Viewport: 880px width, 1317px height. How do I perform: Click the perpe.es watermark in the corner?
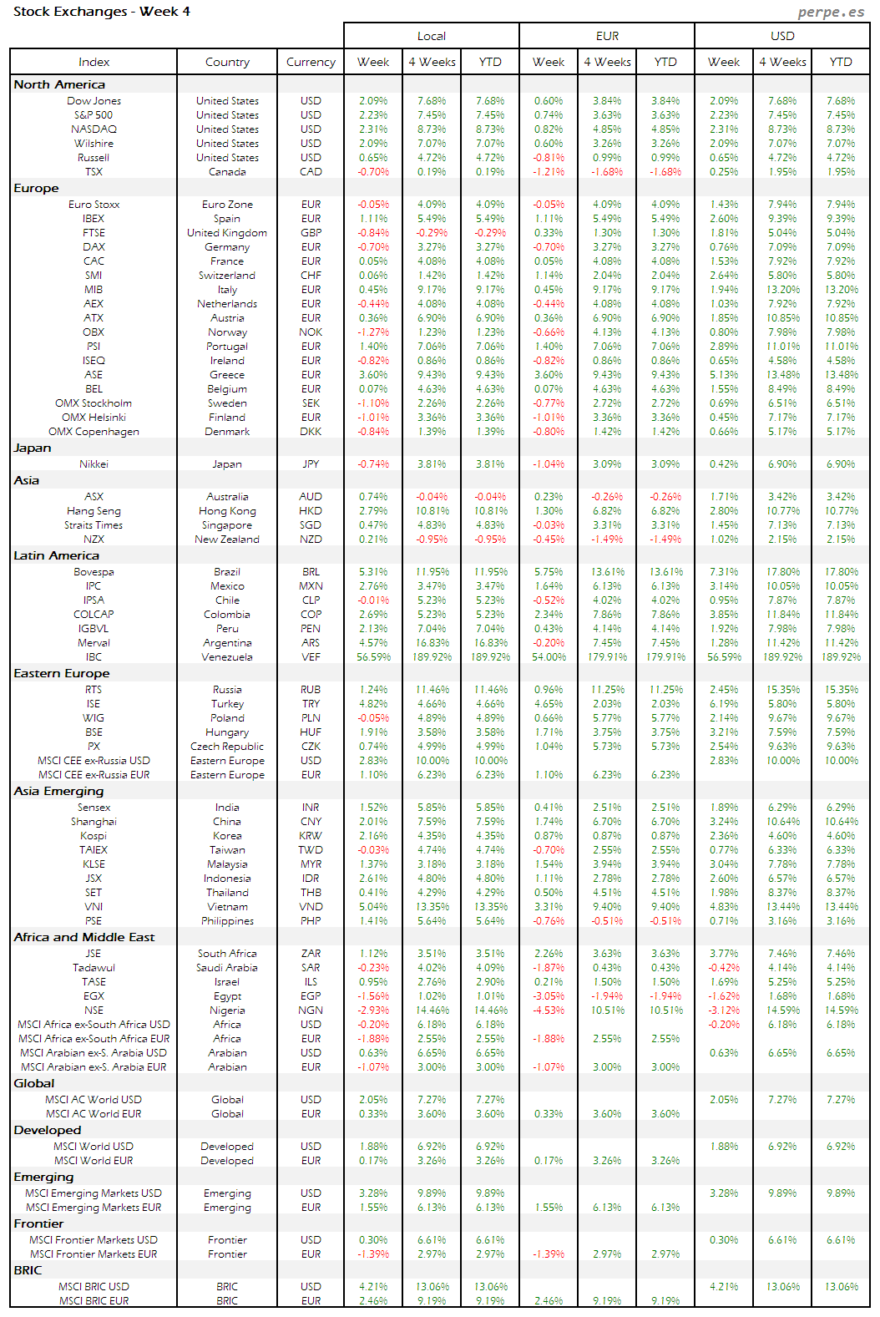[831, 12]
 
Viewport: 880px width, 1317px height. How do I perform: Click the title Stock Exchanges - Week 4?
[102, 12]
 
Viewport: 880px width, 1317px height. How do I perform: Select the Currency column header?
[311, 62]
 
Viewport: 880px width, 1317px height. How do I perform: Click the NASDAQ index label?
[94, 129]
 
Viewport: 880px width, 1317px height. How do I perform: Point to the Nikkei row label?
[94, 464]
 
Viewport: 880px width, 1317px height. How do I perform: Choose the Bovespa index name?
[94, 572]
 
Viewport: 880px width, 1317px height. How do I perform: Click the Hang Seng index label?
[94, 511]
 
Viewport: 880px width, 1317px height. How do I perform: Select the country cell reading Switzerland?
[227, 276]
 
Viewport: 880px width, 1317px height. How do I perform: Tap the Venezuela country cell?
[227, 657]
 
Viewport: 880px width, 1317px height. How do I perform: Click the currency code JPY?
[311, 464]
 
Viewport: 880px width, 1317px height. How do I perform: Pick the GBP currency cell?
[311, 233]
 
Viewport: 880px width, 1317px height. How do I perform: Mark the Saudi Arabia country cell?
[227, 968]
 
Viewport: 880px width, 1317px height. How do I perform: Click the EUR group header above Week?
[607, 36]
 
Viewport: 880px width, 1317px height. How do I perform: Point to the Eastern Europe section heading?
[62, 673]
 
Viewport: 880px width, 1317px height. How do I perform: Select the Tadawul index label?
[94, 968]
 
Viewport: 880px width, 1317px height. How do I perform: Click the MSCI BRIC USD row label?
[94, 1287]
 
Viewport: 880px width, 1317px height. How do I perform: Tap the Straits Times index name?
[94, 525]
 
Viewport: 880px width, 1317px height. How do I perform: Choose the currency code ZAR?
[311, 954]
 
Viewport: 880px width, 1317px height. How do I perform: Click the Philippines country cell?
[227, 921]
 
